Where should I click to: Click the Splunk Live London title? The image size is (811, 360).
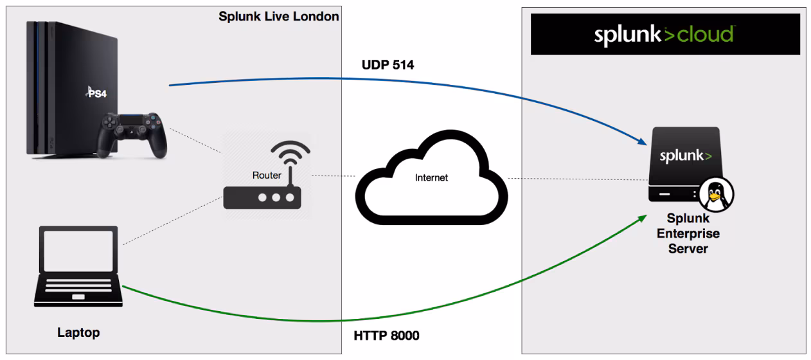click(x=278, y=17)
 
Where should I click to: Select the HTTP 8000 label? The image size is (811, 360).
click(x=386, y=336)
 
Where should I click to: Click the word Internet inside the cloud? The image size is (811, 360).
click(x=432, y=177)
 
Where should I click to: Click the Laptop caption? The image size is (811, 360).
click(x=78, y=332)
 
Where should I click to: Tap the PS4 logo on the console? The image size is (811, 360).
click(x=96, y=93)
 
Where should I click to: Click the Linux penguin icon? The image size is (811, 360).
click(x=716, y=194)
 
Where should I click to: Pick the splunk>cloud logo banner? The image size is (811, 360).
click(x=664, y=34)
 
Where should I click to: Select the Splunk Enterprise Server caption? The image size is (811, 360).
click(x=688, y=233)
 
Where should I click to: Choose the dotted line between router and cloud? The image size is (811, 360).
click(x=334, y=175)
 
